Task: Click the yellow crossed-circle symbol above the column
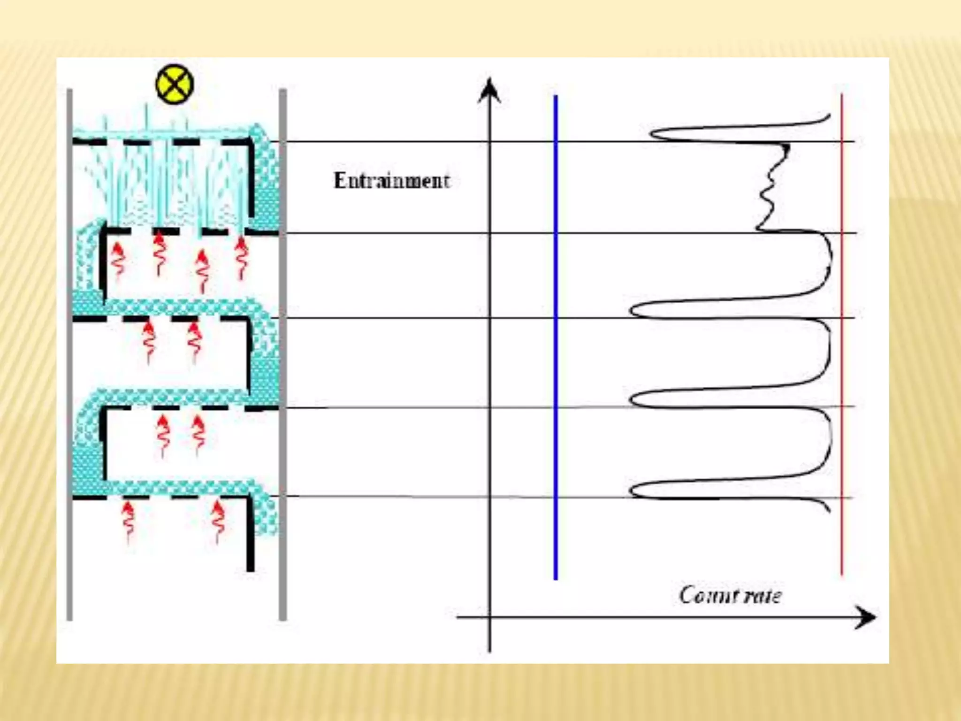pyautogui.click(x=174, y=84)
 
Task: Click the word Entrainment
pyautogui.click(x=392, y=181)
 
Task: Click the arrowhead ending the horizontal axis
pyautogui.click(x=866, y=617)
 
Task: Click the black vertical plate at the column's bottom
pyautogui.click(x=251, y=535)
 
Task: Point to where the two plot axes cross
pyautogui.click(x=489, y=617)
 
